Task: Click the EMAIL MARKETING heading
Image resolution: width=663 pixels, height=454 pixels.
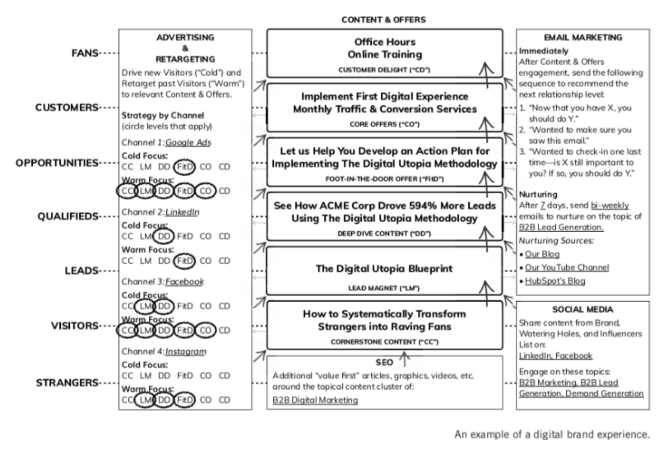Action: [582, 38]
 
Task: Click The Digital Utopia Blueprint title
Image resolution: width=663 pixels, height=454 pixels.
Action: [383, 268]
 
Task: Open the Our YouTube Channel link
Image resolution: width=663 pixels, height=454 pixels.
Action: [567, 267]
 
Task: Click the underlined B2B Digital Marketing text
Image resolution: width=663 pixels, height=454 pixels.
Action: [315, 400]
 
